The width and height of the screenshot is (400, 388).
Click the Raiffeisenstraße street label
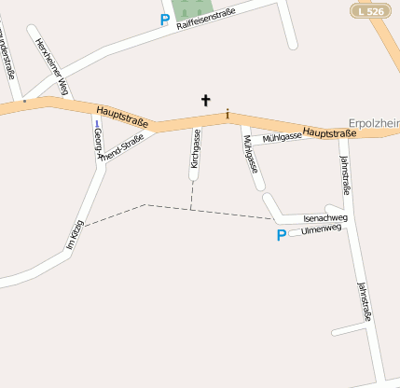pyautogui.click(x=206, y=18)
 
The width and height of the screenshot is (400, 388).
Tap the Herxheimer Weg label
pyautogui.click(x=52, y=66)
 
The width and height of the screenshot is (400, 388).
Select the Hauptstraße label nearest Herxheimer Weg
pyautogui.click(x=121, y=117)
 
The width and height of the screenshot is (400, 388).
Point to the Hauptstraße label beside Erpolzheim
pyautogui.click(x=330, y=134)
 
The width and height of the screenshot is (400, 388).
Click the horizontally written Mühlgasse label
pyautogui.click(x=283, y=137)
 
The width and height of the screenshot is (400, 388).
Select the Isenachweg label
pyautogui.click(x=325, y=218)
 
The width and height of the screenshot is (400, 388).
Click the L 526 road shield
pyautogui.click(x=369, y=10)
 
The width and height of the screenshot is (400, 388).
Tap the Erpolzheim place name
pyautogui.click(x=373, y=123)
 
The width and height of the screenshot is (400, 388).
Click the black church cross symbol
pyautogui.click(x=205, y=99)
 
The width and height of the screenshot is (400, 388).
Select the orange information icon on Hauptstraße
pyautogui.click(x=226, y=115)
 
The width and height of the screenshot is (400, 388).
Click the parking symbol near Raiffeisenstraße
pyautogui.click(x=165, y=19)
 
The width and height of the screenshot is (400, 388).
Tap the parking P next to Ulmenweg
pyautogui.click(x=281, y=235)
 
